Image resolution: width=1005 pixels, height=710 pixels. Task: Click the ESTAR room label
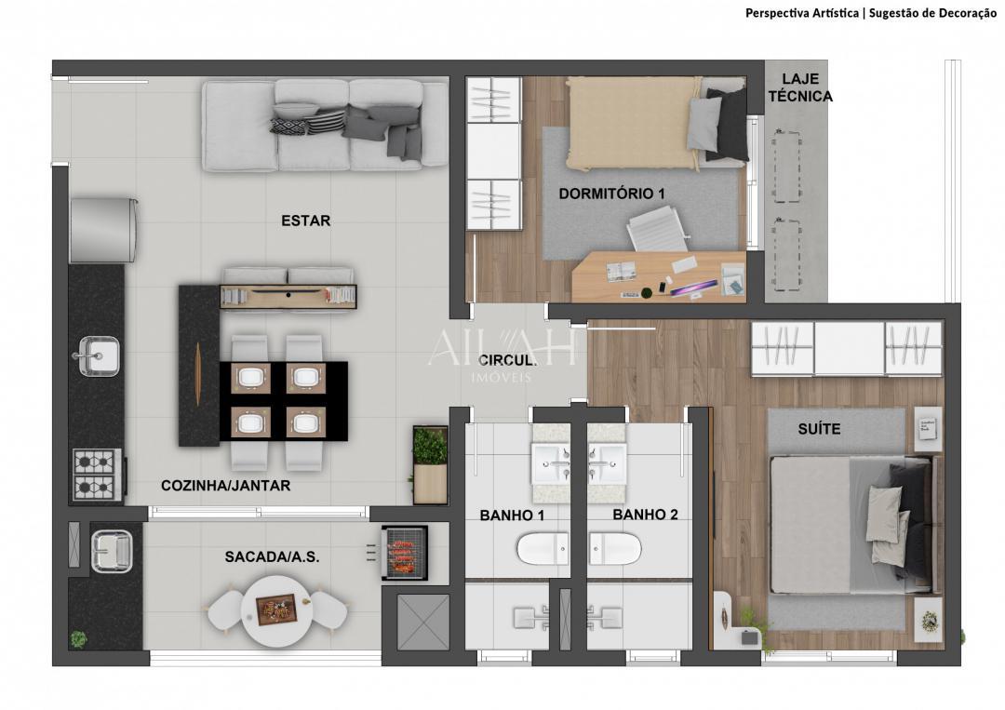305,221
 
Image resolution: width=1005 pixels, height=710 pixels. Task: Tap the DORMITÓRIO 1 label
611,194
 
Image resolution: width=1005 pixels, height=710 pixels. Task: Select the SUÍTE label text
818,429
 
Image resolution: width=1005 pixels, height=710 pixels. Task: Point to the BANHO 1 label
511,515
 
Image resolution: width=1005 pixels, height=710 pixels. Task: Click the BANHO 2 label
645,515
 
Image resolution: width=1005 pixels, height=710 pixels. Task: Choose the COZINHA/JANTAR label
225,485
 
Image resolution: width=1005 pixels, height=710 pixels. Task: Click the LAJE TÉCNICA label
806,87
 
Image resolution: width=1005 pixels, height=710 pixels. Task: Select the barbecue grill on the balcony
405,553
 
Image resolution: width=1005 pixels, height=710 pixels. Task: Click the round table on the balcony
276,611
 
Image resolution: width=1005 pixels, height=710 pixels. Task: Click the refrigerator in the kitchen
103,229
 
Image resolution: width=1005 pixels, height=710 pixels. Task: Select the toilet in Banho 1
542,548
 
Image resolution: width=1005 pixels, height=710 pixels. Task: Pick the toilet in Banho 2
614,548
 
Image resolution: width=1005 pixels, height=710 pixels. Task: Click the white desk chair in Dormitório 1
657,229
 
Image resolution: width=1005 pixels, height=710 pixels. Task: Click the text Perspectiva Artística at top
802,13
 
